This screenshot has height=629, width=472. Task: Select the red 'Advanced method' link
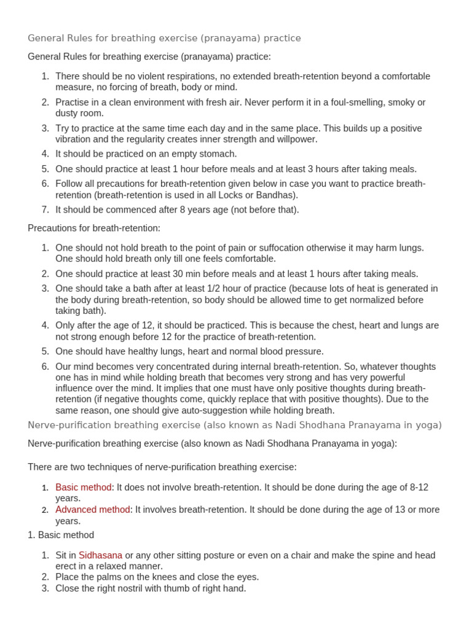tap(93, 509)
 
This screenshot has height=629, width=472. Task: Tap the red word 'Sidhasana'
tap(100, 555)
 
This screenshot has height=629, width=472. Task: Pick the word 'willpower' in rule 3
tap(297, 139)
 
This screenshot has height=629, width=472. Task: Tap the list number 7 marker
tap(45, 209)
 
